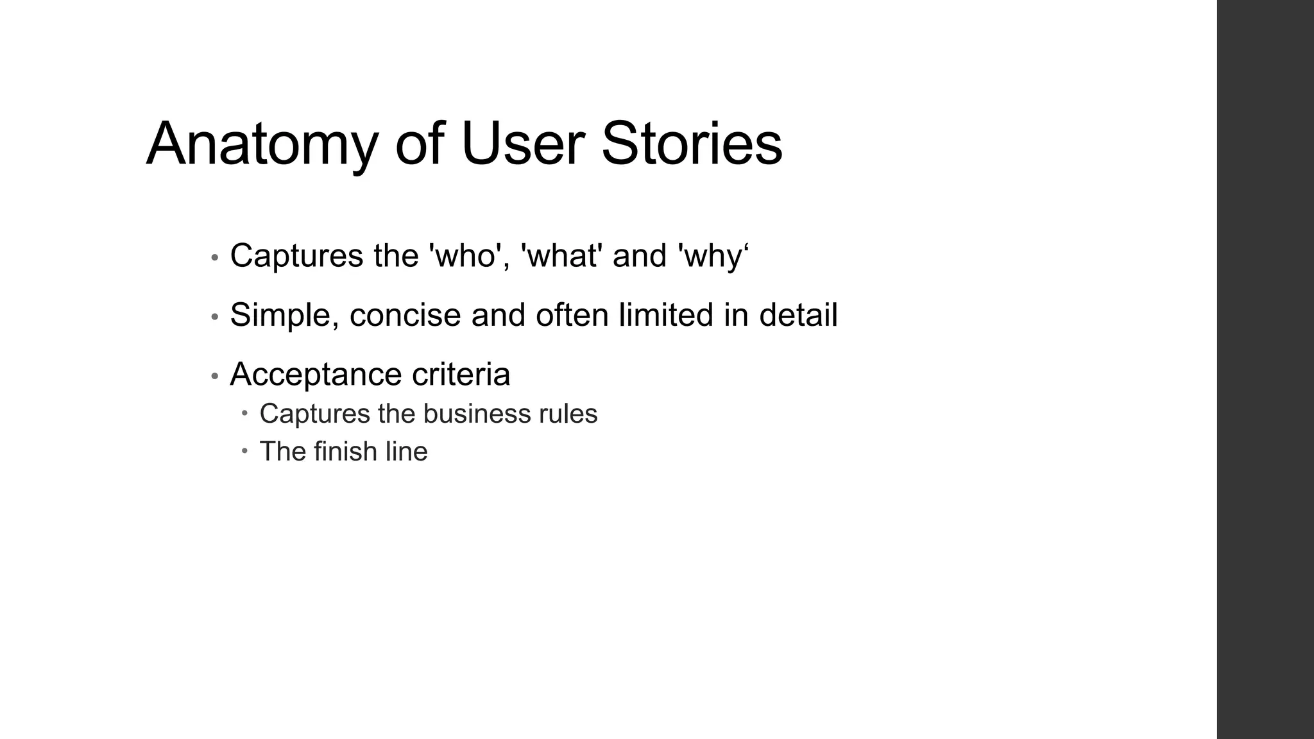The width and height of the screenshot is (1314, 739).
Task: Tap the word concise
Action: point(405,316)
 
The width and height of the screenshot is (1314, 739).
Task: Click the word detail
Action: point(798,315)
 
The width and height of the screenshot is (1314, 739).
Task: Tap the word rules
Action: point(568,414)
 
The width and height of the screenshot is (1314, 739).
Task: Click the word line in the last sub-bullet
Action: point(406,451)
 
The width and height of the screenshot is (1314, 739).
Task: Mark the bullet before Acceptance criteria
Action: point(215,377)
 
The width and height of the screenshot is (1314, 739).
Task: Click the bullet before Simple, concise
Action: point(215,318)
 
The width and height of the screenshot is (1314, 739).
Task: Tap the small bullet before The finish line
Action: point(245,450)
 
